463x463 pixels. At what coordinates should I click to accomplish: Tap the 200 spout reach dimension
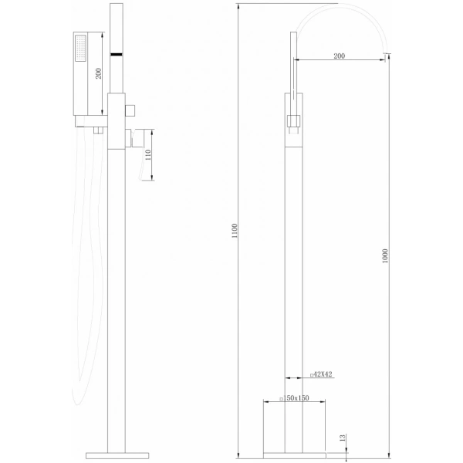coord(340,56)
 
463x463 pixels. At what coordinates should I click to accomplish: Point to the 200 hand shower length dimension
coord(98,74)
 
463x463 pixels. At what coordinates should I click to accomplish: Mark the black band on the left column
coord(117,55)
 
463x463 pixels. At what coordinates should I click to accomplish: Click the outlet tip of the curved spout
coord(385,52)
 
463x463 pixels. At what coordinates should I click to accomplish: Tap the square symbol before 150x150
coord(264,399)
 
